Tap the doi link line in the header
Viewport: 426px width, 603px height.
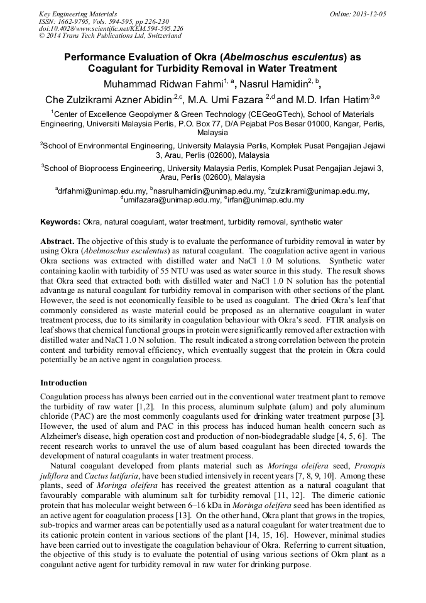tap(111, 29)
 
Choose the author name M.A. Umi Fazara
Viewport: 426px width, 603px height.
tap(226, 100)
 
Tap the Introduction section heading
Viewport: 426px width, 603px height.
tap(63, 382)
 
